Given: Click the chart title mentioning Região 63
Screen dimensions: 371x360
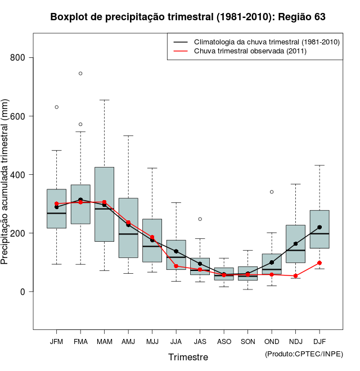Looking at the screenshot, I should click(x=188, y=17).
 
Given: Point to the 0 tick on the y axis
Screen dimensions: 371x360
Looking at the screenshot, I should click(x=29, y=292).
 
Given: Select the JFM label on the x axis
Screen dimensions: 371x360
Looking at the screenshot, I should click(x=56, y=341).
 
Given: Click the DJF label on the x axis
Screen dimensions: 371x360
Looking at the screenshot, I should click(x=319, y=341).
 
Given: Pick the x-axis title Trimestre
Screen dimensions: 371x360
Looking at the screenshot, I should click(x=188, y=357).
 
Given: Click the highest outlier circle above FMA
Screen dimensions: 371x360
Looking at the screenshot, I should click(x=80, y=73).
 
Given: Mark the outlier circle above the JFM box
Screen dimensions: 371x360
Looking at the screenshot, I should click(x=57, y=107).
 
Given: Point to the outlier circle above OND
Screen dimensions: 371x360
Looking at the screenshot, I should click(x=272, y=192).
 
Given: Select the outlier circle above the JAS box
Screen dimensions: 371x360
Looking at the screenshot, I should click(x=200, y=219).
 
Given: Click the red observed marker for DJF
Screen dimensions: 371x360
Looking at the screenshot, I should click(x=319, y=263).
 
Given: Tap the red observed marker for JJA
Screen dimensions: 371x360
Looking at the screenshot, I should click(x=176, y=266).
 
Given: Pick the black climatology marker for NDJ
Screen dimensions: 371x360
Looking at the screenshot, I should click(x=295, y=244).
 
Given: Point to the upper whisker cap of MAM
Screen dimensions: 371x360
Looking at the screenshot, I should click(x=104, y=100).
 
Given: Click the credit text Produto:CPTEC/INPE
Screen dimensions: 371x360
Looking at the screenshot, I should click(x=304, y=354).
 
